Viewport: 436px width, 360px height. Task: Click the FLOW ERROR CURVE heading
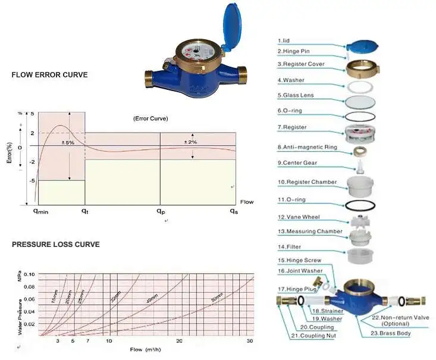click(49, 76)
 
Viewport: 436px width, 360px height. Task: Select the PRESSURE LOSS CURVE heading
click(55, 245)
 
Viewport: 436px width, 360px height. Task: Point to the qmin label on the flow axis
click(40, 211)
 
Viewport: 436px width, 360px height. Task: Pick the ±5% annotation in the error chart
click(68, 143)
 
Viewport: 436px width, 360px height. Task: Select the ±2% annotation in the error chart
click(190, 142)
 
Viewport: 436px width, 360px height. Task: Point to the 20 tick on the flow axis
click(180, 341)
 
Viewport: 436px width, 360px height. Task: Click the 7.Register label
click(293, 127)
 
